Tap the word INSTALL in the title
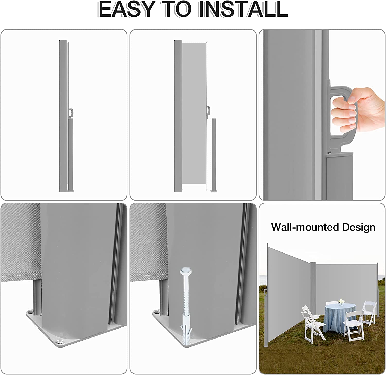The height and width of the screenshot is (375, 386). [x=243, y=10]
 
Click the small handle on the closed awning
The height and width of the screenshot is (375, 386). [x=71, y=113]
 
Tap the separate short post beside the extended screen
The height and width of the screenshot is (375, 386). [x=213, y=155]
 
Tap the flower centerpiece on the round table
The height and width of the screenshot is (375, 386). [x=341, y=302]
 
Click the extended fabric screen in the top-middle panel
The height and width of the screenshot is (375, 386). [x=194, y=113]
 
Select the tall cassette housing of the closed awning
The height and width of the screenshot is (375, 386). [x=63, y=116]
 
